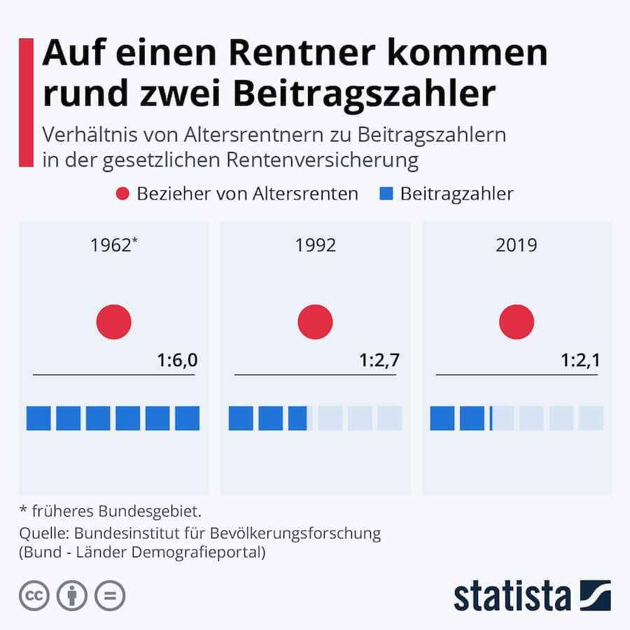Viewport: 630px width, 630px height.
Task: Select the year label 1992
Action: coord(315,245)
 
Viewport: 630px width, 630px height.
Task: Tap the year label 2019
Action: coord(516,245)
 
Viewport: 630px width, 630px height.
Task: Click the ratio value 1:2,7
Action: coord(379,360)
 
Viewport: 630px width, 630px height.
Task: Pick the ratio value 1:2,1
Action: coord(581,360)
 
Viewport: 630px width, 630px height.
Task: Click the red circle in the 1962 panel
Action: coord(113,322)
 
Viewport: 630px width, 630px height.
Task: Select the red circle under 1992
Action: coord(315,322)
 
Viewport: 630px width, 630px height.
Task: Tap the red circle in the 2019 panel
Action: coord(517,322)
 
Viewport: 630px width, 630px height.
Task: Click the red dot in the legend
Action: coord(122,194)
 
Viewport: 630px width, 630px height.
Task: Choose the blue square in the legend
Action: coord(386,194)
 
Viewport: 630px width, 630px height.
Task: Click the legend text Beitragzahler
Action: coord(456,194)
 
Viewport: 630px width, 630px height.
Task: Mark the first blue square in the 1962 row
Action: coord(38,418)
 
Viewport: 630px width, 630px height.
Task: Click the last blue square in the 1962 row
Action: coord(187,418)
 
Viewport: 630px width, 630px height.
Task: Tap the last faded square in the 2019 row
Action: coord(591,418)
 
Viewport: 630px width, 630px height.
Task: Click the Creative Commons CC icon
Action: coord(34,596)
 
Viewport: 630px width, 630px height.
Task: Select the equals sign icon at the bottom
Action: coord(110,596)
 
